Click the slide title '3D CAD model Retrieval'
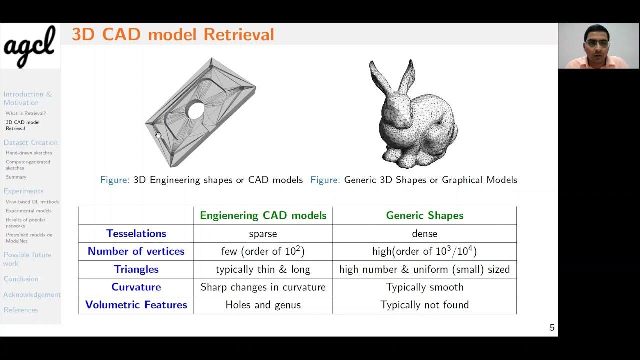point(173,34)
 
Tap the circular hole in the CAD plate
point(195,110)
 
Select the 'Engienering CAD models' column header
point(263,216)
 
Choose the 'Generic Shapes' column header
point(424,216)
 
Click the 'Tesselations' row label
point(136,234)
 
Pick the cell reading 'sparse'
point(263,234)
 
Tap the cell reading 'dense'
point(424,234)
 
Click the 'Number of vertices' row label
point(136,251)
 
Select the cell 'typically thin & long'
point(263,269)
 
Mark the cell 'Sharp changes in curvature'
point(263,287)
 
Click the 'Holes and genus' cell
point(263,305)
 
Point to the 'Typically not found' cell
point(424,305)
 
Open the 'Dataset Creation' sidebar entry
point(30,143)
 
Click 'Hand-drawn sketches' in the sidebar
point(29,153)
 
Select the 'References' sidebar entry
point(21,310)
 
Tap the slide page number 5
point(552,328)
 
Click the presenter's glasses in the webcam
point(597,44)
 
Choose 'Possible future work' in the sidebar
point(27,259)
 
